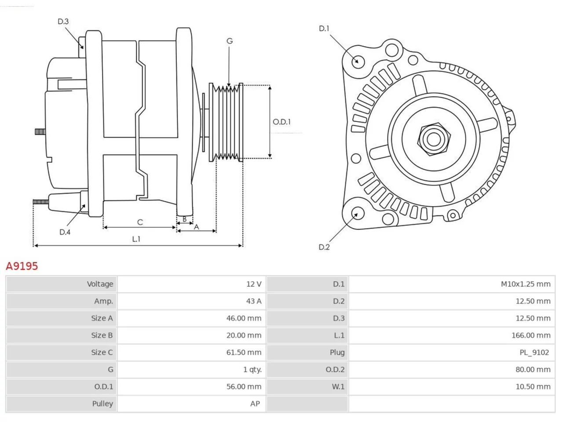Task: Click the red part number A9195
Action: (22, 266)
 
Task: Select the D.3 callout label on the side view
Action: (63, 22)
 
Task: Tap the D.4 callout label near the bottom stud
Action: (65, 232)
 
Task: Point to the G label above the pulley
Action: (230, 41)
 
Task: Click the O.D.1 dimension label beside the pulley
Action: (281, 122)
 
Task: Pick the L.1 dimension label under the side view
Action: (136, 239)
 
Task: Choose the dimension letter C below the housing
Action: (140, 222)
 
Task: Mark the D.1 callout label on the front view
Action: (324, 29)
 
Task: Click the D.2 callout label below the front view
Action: (324, 247)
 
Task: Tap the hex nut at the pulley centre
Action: (434, 139)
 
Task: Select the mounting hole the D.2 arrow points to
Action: (358, 213)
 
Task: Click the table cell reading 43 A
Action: (254, 301)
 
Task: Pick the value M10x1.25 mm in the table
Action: (526, 284)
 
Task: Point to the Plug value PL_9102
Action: (534, 353)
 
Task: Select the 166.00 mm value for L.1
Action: (531, 335)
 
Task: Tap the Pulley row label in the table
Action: (102, 404)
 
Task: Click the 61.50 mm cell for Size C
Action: (244, 352)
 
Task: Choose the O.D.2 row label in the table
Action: (335, 370)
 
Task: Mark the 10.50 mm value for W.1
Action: (533, 387)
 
